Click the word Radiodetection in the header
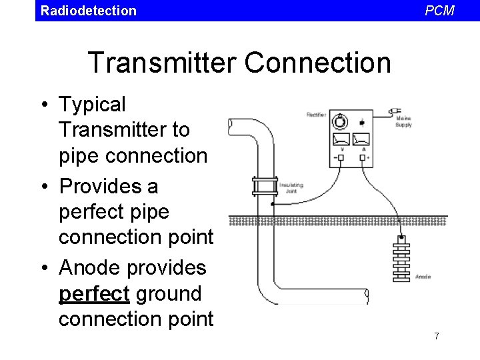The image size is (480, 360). tap(88, 11)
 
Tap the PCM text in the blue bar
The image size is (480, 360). tap(439, 11)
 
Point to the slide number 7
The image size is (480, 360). tap(437, 336)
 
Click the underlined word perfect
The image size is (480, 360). tap(94, 293)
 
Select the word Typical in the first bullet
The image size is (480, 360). tap(92, 105)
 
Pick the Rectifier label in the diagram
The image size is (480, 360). tap(316, 115)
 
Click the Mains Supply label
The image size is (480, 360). tap(403, 122)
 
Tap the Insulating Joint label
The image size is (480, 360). tap(291, 187)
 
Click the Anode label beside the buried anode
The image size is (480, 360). tap(423, 276)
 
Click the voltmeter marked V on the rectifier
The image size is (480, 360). tap(341, 141)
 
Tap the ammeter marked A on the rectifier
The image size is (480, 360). tap(361, 141)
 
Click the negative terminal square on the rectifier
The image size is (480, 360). tap(341, 158)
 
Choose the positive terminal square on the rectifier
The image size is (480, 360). tap(362, 158)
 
